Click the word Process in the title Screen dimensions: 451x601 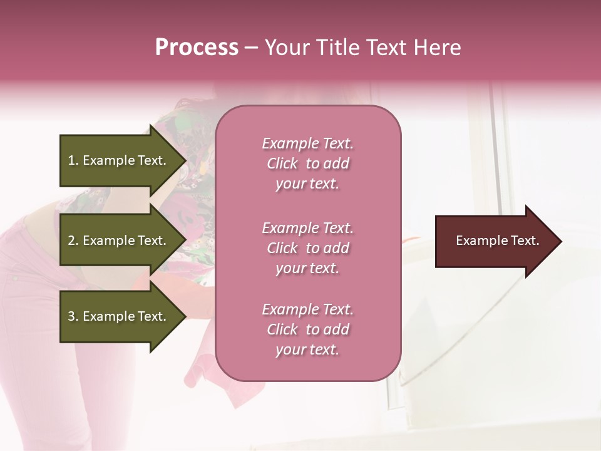pyautogui.click(x=197, y=48)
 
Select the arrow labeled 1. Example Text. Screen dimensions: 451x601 pyautogui.click(x=119, y=160)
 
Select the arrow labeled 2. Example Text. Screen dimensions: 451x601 pyautogui.click(x=119, y=241)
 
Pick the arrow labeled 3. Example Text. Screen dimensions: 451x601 pyautogui.click(x=119, y=316)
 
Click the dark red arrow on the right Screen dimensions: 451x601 pyautogui.click(x=491, y=241)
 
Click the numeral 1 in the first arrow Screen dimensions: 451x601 pyautogui.click(x=71, y=160)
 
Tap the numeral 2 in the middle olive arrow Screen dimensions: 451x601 pyautogui.click(x=71, y=241)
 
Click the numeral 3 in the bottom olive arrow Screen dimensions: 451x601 pyautogui.click(x=71, y=316)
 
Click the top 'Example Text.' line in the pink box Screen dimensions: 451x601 pyautogui.click(x=307, y=143)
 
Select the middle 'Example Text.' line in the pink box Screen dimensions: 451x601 pyautogui.click(x=307, y=228)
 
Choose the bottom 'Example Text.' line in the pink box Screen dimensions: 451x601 pyautogui.click(x=307, y=309)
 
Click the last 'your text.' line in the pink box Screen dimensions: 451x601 pyautogui.click(x=307, y=350)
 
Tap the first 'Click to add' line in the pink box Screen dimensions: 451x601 pyautogui.click(x=307, y=163)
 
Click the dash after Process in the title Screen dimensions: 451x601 pyautogui.click(x=251, y=48)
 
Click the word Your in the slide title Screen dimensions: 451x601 pyautogui.click(x=289, y=48)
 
